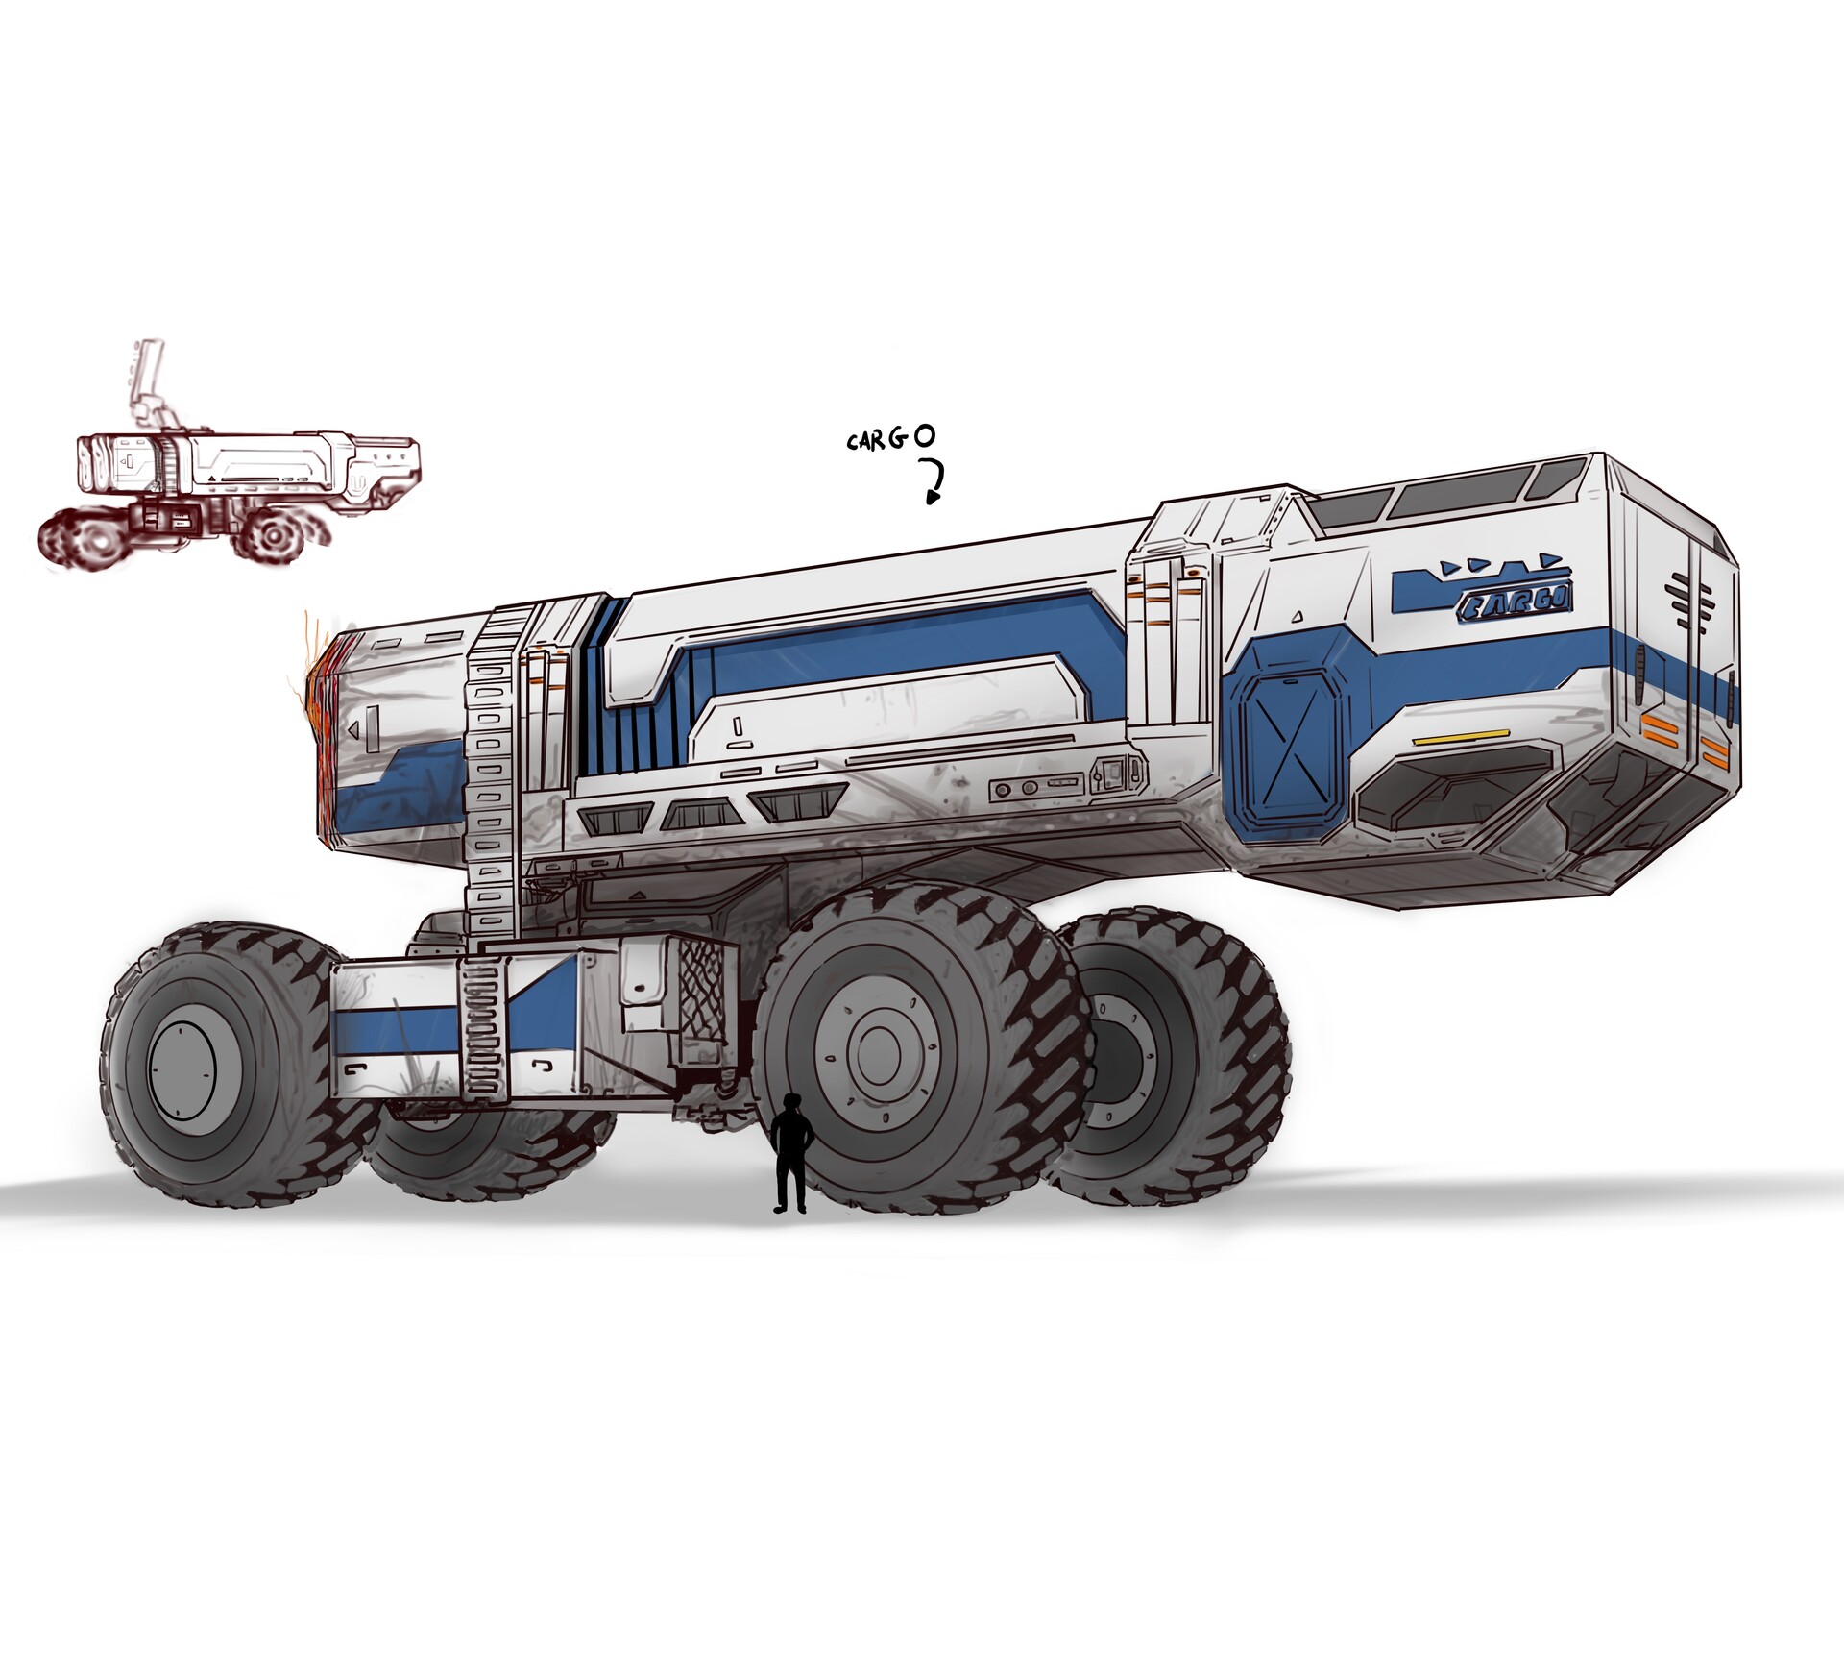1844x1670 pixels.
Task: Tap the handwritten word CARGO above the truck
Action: pos(889,439)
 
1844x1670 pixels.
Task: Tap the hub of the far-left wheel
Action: pos(181,1069)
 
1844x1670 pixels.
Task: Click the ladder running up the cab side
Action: pos(492,769)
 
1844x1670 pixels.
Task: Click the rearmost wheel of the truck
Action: pos(1172,1057)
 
